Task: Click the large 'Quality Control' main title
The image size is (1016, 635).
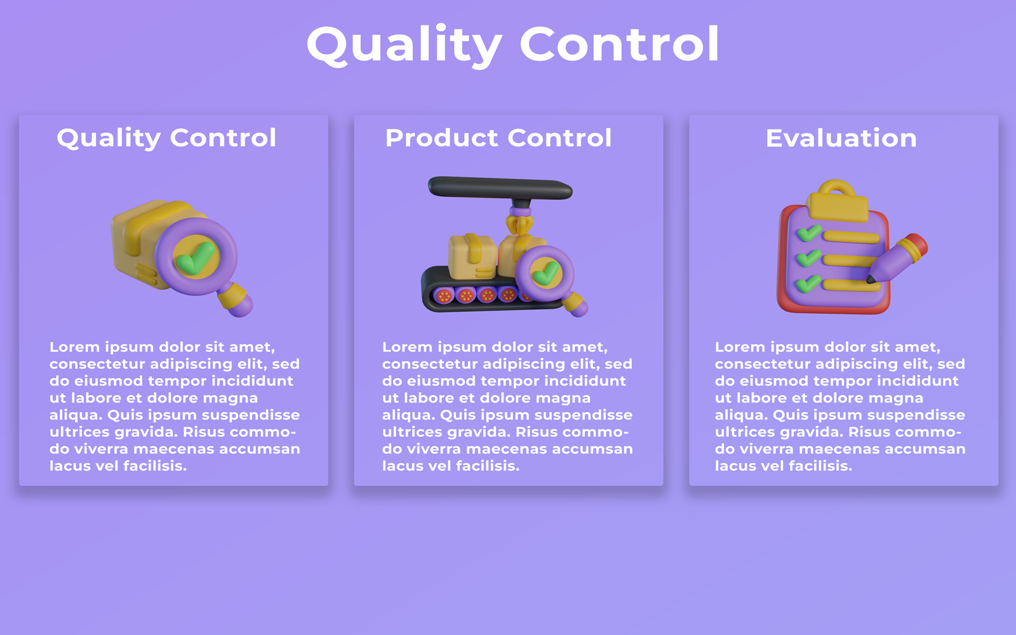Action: [x=513, y=45]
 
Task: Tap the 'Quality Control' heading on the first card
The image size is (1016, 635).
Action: [x=166, y=138]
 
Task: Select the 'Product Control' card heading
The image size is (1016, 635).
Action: [x=498, y=138]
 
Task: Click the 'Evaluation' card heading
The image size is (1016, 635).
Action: [x=841, y=138]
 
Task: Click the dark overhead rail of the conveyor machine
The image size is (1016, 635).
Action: [x=500, y=188]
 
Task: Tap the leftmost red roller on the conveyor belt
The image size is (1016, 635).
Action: [x=444, y=296]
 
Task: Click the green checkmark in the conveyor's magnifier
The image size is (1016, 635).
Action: [x=546, y=272]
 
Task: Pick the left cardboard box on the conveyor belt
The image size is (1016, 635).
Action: [x=472, y=257]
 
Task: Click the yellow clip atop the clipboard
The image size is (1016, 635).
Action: [x=838, y=203]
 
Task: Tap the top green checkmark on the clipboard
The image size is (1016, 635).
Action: [x=809, y=233]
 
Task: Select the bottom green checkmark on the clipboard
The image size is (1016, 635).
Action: [x=809, y=284]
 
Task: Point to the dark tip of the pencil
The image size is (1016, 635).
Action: [x=871, y=279]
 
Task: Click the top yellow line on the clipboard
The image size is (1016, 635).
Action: [x=852, y=236]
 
